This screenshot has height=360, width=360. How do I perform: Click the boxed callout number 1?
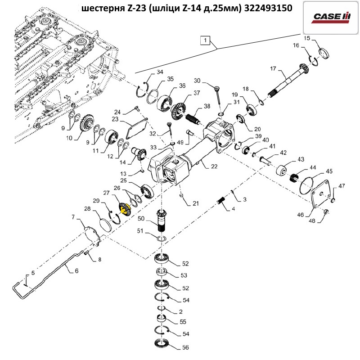[x=206, y=40]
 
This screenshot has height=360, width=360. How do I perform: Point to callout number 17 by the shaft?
[x=273, y=68]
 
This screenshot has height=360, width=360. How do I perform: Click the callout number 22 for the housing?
[x=214, y=166]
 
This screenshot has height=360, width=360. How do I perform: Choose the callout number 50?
[x=140, y=219]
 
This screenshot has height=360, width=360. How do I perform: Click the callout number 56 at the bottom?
[x=185, y=347]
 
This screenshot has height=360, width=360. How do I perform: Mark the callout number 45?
[x=329, y=171]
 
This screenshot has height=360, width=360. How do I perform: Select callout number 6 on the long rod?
[x=76, y=271]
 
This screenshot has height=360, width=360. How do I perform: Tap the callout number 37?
[x=197, y=93]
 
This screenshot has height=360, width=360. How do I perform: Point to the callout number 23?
[x=114, y=119]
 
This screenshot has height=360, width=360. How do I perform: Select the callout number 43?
[x=300, y=160]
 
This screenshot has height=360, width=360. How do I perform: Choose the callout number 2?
[x=180, y=311]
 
